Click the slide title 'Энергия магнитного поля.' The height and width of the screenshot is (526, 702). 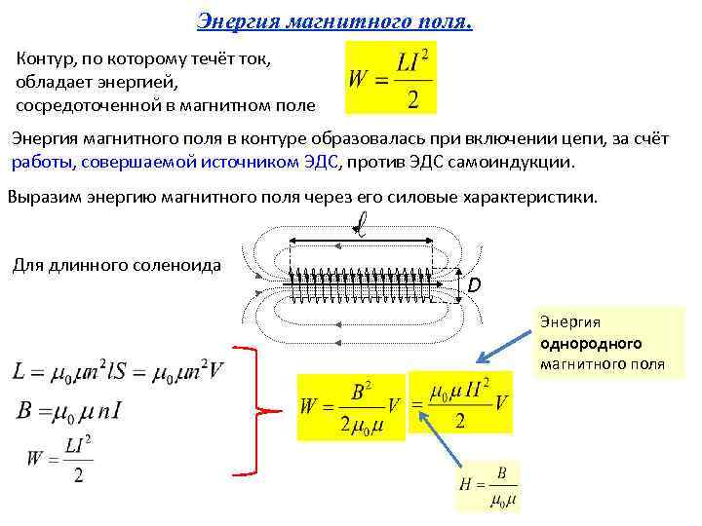pyautogui.click(x=334, y=20)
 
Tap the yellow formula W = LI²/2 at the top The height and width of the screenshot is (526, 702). pyautogui.click(x=391, y=77)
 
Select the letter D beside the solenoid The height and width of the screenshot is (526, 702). pyautogui.click(x=474, y=285)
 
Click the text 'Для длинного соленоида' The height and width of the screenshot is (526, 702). pyautogui.click(x=116, y=265)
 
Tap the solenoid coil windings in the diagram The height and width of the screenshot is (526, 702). pyautogui.click(x=361, y=285)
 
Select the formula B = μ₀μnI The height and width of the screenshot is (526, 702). pyautogui.click(x=68, y=409)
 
